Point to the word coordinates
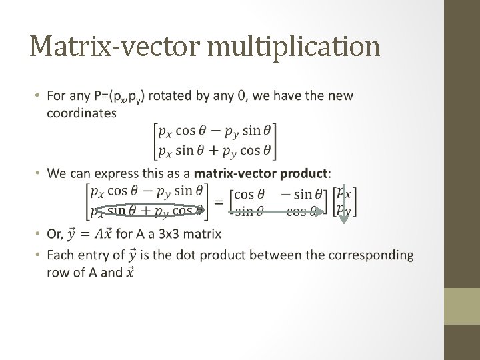81,113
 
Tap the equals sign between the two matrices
217,201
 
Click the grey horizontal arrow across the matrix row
277,212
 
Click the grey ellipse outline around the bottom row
148,212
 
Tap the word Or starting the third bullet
55,234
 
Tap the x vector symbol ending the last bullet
129,271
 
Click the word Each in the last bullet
61,255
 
